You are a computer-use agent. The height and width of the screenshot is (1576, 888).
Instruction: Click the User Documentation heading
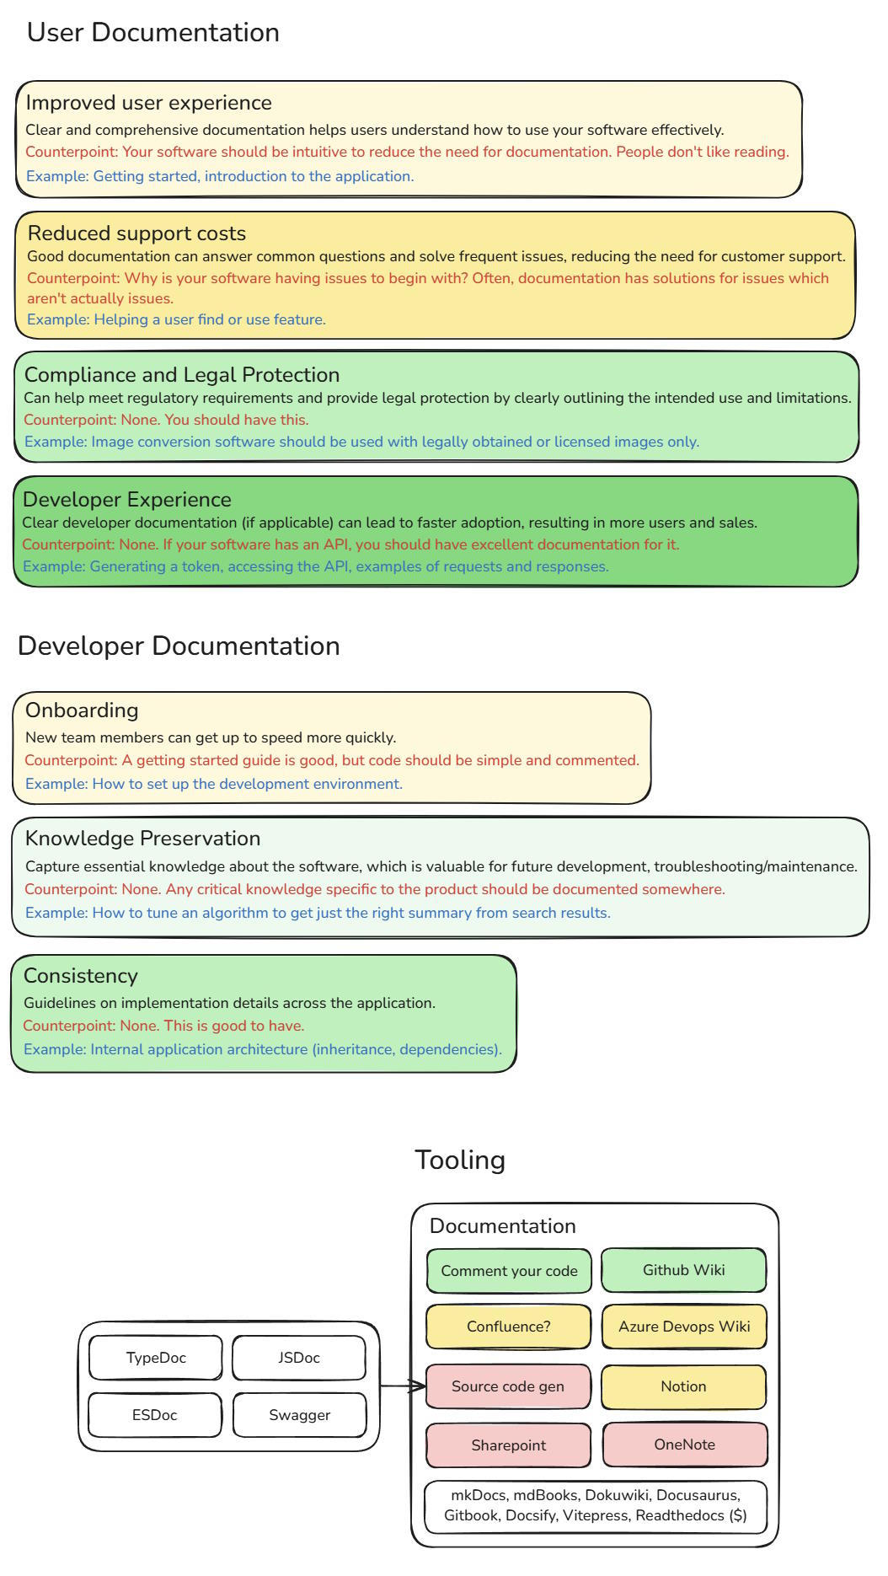[152, 33]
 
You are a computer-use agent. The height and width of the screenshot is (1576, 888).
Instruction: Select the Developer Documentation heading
[179, 646]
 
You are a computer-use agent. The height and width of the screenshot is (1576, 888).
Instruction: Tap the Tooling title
[460, 1161]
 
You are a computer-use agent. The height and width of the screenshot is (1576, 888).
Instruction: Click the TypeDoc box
[156, 1358]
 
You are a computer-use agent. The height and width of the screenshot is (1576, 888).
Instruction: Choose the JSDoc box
[299, 1358]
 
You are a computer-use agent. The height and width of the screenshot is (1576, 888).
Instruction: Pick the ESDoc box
[155, 1415]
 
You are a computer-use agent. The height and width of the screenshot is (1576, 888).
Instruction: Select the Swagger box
[300, 1415]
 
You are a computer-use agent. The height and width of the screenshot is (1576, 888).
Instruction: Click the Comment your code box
[509, 1271]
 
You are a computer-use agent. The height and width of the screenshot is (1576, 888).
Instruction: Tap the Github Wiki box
[684, 1270]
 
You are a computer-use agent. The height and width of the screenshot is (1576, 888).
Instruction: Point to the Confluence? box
[509, 1327]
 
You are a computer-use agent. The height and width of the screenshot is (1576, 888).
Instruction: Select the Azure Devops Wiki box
[684, 1327]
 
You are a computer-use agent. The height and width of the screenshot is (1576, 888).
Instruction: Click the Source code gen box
[508, 1386]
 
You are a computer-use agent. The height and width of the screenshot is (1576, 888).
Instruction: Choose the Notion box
[684, 1386]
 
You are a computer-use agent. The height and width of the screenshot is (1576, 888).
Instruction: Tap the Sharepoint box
[509, 1445]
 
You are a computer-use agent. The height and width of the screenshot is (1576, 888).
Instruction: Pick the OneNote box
[685, 1445]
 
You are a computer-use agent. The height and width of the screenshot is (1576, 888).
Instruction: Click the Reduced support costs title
[136, 233]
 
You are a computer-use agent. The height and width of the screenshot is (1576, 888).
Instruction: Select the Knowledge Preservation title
[142, 839]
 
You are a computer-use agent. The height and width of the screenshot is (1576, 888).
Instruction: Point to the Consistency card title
[81, 976]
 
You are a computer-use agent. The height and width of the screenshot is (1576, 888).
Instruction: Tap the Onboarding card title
[82, 710]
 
